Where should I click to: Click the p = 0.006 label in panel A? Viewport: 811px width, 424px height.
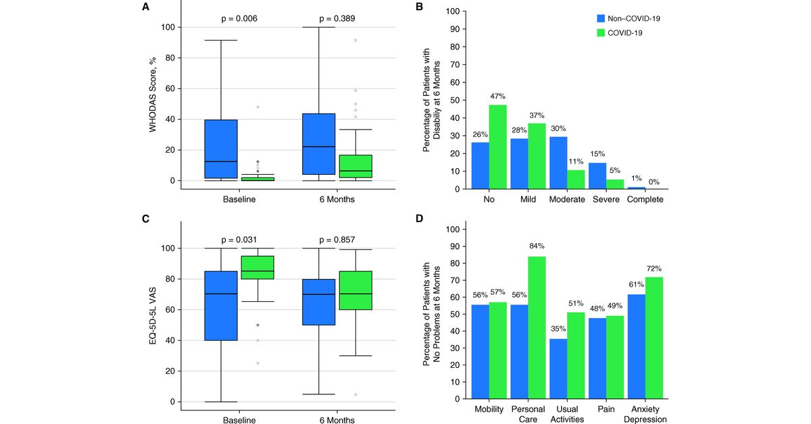click(x=239, y=18)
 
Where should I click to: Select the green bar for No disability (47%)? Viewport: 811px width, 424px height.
click(x=497, y=147)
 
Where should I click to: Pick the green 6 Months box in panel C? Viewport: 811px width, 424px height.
click(x=356, y=290)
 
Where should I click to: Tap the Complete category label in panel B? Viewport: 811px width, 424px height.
click(x=645, y=200)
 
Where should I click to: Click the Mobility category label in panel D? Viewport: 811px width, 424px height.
click(x=488, y=409)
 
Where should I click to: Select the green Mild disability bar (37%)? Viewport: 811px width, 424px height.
click(x=537, y=156)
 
